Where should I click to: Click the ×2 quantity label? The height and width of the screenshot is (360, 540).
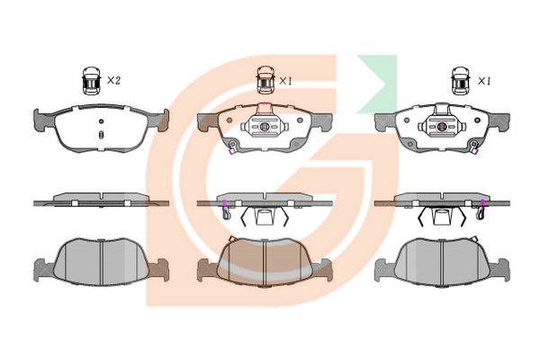tap(113, 81)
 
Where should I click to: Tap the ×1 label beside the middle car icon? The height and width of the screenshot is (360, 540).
tap(285, 81)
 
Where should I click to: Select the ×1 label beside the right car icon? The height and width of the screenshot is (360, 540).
tap(484, 81)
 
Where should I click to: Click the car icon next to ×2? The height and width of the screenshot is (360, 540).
tap(91, 81)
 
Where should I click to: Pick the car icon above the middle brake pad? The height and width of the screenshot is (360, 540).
tap(265, 80)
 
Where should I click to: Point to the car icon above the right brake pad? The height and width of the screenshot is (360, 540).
tap(461, 81)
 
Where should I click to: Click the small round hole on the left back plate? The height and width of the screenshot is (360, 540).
tap(101, 121)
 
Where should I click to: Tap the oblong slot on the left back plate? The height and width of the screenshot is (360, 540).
tap(101, 134)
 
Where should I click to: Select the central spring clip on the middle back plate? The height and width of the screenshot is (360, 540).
tap(265, 127)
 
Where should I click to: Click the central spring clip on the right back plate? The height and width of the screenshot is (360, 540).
tap(442, 127)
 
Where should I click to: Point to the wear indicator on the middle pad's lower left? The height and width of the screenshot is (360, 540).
tap(232, 147)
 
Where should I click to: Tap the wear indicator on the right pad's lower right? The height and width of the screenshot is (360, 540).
tap(474, 147)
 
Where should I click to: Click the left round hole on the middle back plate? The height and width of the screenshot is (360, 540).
tap(229, 121)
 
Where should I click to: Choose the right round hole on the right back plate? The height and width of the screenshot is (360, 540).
tap(477, 121)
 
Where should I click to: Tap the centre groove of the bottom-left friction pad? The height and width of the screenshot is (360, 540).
tap(102, 263)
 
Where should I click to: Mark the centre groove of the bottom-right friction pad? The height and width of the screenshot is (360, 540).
tap(441, 263)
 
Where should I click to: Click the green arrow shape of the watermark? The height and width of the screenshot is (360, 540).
tap(379, 84)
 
